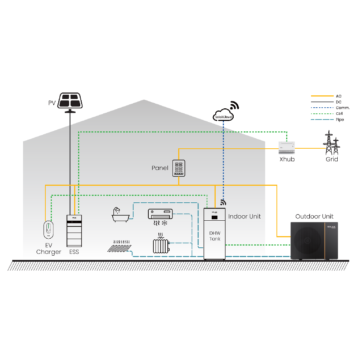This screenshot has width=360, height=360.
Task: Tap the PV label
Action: pos(52,103)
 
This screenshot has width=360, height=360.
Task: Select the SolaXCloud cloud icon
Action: pos(223,114)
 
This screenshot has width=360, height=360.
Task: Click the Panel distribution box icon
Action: pos(179,168)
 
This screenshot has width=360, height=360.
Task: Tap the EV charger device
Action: pos(48,229)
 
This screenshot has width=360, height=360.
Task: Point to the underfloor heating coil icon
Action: pos(120,246)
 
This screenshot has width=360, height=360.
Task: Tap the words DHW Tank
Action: pos(215,236)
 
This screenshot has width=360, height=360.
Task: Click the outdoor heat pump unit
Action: pos(314,241)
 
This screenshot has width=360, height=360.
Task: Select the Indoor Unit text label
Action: pos(244,216)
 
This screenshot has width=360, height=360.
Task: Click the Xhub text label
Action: pos(287,159)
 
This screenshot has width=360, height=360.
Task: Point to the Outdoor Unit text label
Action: pos(314,216)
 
